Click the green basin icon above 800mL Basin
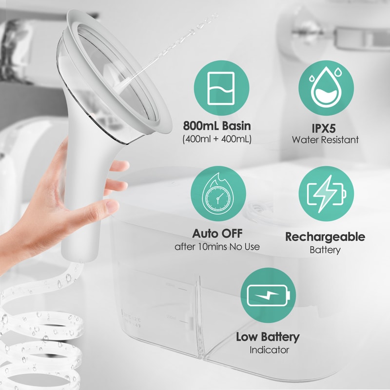point(217,88)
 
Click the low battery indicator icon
point(268,294)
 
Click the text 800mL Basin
point(217,126)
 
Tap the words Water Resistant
point(325,140)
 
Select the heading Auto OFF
point(217,233)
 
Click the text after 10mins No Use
point(217,247)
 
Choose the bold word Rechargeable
point(325,237)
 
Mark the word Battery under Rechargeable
point(325,250)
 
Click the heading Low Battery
point(268,336)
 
